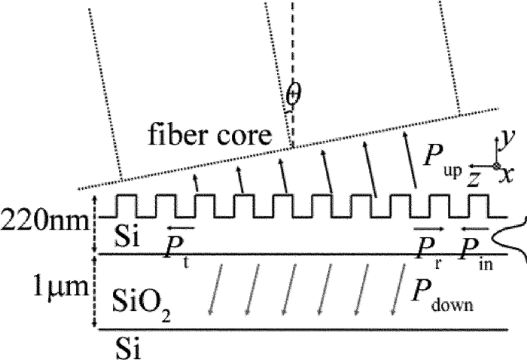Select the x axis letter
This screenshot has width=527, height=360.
[509, 175]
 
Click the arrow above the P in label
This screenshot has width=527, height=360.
[475, 227]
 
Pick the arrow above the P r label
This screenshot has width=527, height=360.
[429, 227]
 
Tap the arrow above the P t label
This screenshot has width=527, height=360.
[181, 227]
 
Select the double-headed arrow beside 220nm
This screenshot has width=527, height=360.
[94, 223]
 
